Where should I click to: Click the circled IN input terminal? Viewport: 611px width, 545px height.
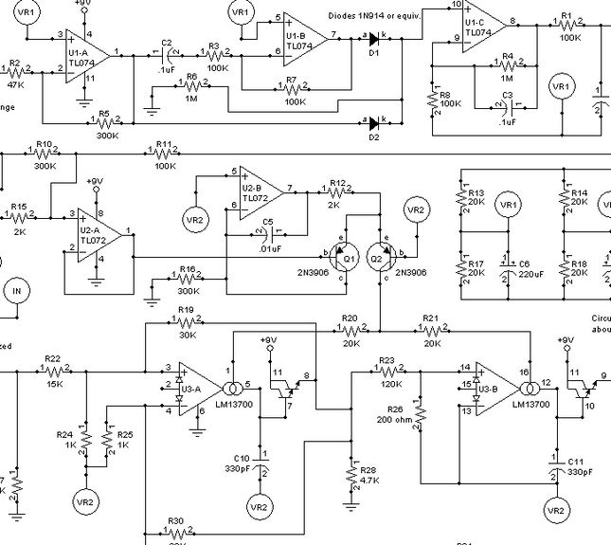click(15, 290)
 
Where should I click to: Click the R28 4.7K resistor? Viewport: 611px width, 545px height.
click(351, 474)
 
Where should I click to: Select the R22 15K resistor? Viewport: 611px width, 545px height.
click(53, 372)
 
